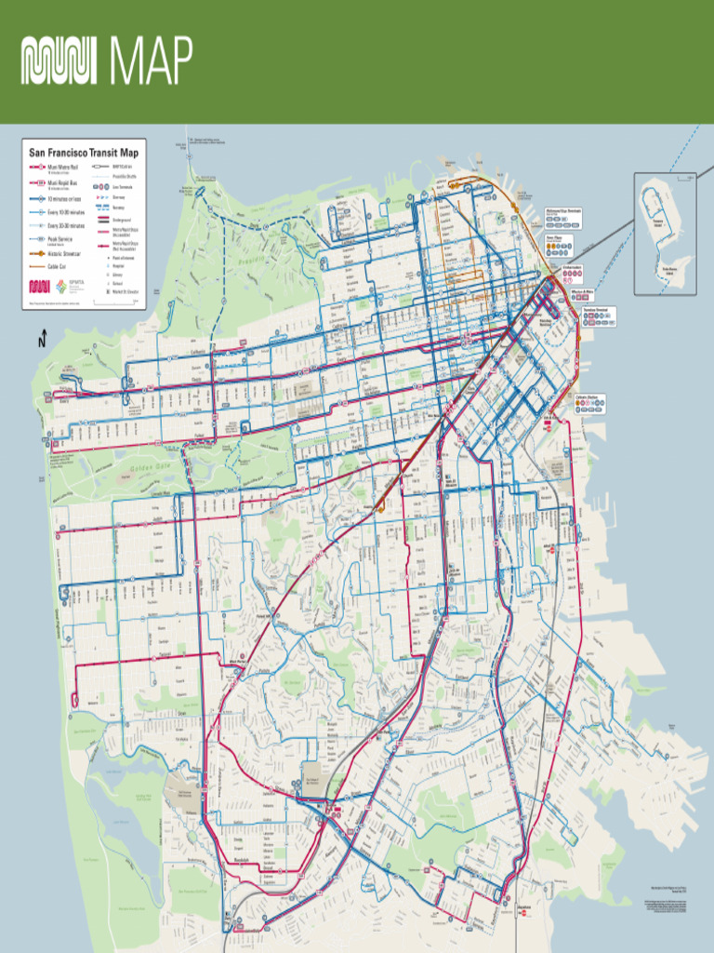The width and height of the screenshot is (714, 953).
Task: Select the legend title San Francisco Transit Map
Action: [84, 153]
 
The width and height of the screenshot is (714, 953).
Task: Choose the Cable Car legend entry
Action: [56, 266]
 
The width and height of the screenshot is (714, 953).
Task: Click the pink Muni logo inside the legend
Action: [39, 286]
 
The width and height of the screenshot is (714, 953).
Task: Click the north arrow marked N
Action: [42, 341]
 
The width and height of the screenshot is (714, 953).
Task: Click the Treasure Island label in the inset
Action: [657, 224]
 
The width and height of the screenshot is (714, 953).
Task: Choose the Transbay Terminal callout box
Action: [599, 315]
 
